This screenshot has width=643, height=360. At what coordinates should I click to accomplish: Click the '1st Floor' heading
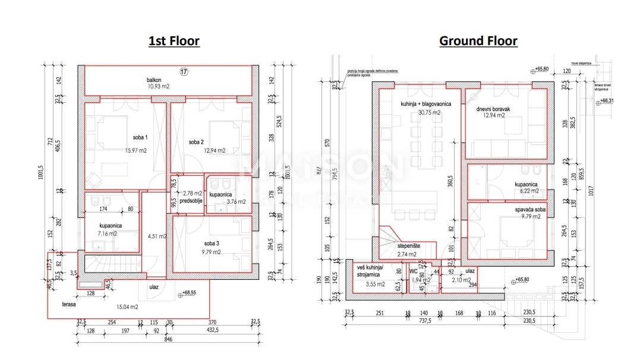click(174, 41)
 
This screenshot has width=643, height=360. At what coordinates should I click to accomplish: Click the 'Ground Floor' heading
click(478, 41)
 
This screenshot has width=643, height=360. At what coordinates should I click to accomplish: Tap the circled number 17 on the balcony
click(184, 72)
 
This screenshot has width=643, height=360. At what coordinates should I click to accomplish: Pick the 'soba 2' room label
click(197, 142)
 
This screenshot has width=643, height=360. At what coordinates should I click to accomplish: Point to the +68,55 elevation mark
click(190, 293)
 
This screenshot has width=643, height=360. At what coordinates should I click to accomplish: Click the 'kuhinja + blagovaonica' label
click(426, 105)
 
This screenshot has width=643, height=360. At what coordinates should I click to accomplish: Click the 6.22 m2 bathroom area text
click(527, 191)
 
